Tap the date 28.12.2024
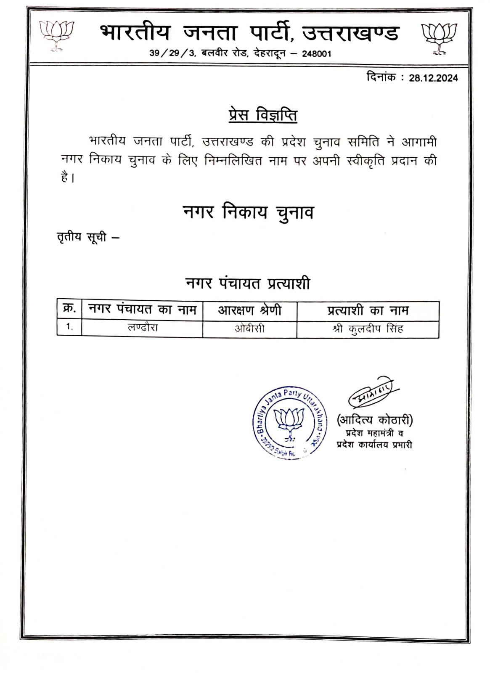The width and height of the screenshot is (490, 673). coord(433,78)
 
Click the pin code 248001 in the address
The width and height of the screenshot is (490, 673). coord(316,54)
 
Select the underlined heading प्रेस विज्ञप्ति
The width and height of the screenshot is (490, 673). coord(263,115)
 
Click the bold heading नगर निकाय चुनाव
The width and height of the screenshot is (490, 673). coord(248,212)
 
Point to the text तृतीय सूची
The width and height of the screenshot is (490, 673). coord(82,238)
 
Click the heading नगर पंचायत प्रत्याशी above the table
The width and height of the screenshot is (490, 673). coord(248,284)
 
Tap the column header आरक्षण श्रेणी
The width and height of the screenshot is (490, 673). coord(249,310)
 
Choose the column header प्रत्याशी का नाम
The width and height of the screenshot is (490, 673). coord(368,310)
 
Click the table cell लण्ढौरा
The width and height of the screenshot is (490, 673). coord(143,327)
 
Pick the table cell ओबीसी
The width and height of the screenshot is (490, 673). coord(249,328)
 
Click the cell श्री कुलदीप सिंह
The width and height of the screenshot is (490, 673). coord(368,328)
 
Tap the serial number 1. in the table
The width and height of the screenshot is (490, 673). coord(69,327)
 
